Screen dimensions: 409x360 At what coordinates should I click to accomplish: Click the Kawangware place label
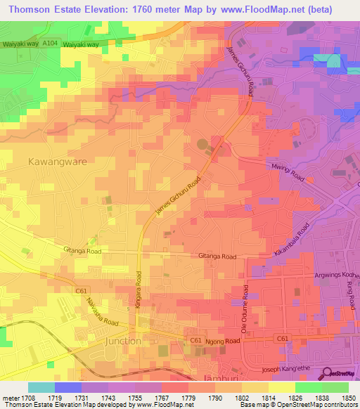57,161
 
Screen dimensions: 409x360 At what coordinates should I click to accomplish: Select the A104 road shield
49,44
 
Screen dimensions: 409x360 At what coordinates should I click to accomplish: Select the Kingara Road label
139,289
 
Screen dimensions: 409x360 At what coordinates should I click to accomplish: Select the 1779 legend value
188,398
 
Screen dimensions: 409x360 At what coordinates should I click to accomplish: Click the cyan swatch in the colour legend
41,387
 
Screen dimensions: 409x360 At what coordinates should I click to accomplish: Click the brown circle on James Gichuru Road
203,145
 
